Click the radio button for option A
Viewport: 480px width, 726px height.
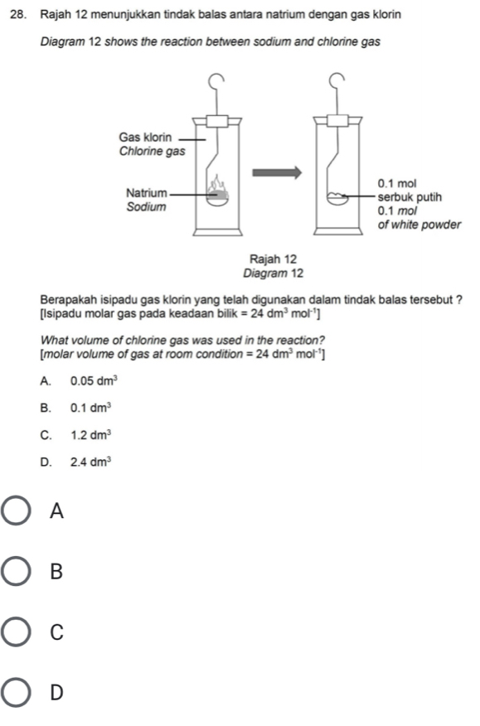click(x=17, y=511)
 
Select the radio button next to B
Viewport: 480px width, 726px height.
click(x=17, y=571)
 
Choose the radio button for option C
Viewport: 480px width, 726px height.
click(x=17, y=632)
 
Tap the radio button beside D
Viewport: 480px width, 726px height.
click(x=17, y=693)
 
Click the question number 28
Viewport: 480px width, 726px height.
click(x=17, y=15)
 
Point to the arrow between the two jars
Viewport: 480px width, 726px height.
click(x=277, y=172)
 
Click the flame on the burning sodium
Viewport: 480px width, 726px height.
click(x=218, y=184)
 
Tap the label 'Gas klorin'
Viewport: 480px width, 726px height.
click(x=145, y=138)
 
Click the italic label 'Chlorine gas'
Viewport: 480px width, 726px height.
click(x=152, y=152)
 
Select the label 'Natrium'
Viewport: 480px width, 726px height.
click(x=147, y=192)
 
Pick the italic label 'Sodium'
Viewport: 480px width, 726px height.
click(x=147, y=207)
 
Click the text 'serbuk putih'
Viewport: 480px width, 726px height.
click(x=410, y=197)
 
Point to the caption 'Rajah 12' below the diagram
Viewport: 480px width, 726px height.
click(x=273, y=259)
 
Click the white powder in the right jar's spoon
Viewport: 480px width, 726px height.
click(x=337, y=196)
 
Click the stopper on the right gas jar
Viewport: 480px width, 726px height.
click(x=337, y=121)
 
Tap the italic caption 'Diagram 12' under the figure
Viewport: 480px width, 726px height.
click(x=274, y=273)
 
